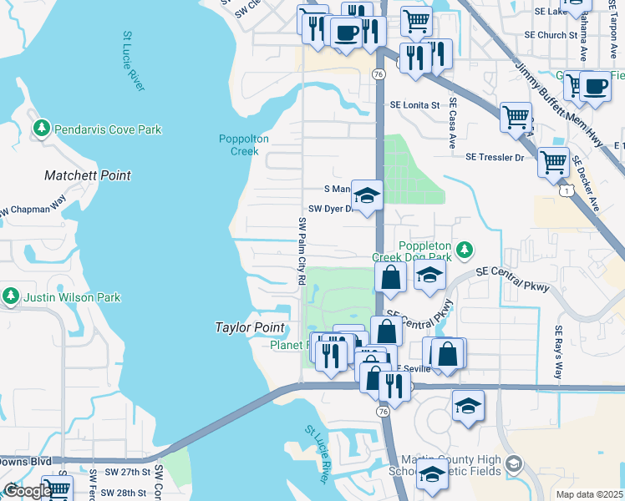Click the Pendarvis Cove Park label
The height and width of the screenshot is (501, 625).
click(108, 129)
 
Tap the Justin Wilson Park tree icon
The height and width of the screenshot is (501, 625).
click(11, 296)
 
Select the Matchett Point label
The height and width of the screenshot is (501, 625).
click(88, 175)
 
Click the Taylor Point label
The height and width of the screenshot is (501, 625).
click(250, 328)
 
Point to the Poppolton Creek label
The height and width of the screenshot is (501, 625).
click(244, 144)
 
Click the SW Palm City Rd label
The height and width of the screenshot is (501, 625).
click(302, 250)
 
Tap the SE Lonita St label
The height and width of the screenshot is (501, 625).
click(414, 105)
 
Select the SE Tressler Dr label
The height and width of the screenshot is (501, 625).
click(495, 157)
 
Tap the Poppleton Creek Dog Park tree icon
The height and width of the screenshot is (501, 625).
click(465, 250)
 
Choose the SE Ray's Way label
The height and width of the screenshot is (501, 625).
click(557, 339)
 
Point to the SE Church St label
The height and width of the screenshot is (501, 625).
click(550, 35)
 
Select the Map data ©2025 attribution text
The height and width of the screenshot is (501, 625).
click(590, 494)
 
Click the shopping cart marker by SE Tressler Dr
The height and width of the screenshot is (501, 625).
click(553, 163)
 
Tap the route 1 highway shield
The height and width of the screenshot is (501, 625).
click(568, 192)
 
